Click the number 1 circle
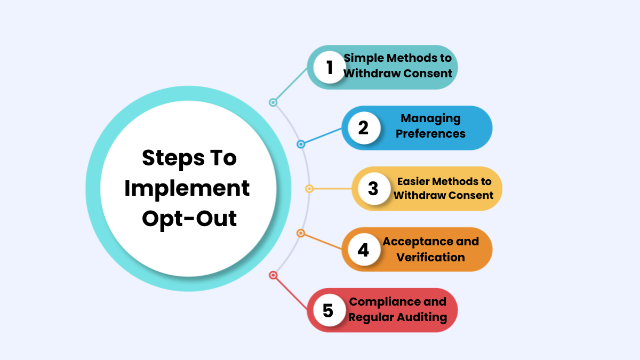tap(329, 68)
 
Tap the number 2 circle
tap(363, 128)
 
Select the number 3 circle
tap(373, 189)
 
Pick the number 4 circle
tap(363, 250)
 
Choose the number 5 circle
tap(328, 310)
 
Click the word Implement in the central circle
tap(187, 188)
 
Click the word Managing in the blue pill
tap(430, 118)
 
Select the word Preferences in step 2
tap(430, 133)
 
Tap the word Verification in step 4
tap(430, 257)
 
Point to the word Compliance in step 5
tap(397, 301)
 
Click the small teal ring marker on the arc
tap(273, 102)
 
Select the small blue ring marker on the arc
tap(301, 144)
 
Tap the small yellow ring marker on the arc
tap(309, 189)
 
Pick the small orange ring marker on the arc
tap(301, 234)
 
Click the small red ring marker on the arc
tap(273, 275)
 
